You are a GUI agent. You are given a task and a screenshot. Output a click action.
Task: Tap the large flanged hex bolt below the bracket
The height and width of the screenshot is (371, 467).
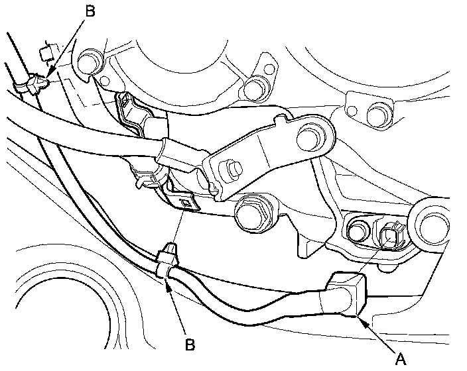pos(253,213)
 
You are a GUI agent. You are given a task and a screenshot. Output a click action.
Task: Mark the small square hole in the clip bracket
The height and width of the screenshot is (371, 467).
pos(188,203)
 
